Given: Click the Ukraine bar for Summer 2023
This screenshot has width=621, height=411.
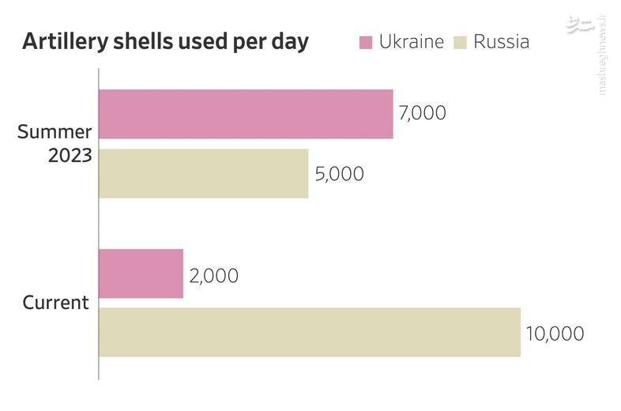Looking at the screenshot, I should pyautogui.click(x=246, y=114).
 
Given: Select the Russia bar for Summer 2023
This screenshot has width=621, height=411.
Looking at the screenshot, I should pyautogui.click(x=204, y=173).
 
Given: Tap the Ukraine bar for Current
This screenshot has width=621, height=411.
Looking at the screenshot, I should pyautogui.click(x=141, y=273).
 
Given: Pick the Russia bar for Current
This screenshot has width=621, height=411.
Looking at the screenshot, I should pyautogui.click(x=310, y=332).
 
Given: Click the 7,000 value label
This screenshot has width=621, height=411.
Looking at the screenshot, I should pyautogui.click(x=423, y=113).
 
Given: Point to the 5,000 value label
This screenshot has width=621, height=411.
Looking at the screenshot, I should pyautogui.click(x=339, y=174).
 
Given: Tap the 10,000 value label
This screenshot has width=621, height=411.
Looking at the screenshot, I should pyautogui.click(x=555, y=334).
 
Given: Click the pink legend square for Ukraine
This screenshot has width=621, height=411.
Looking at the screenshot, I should pyautogui.click(x=366, y=42).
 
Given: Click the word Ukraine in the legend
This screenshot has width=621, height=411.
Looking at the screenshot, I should pyautogui.click(x=411, y=42).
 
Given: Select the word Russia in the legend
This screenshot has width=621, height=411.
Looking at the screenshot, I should pyautogui.click(x=501, y=42).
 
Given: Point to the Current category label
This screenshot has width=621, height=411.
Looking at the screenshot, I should pyautogui.click(x=55, y=303).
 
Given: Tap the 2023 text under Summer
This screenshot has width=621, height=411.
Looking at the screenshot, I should pyautogui.click(x=70, y=156).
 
